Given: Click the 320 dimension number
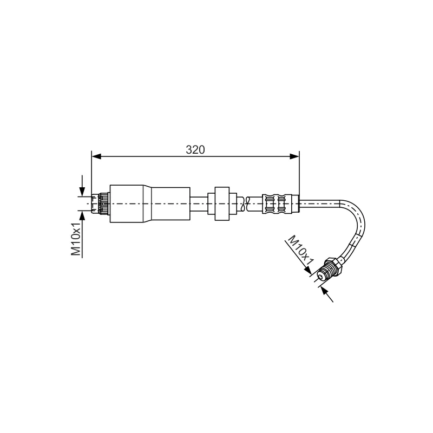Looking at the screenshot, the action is tap(195, 150).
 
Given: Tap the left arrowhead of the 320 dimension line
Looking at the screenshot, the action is tap(96, 156).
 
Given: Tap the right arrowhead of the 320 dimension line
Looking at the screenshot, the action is tap(294, 156).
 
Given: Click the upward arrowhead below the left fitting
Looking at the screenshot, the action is tap(82, 215).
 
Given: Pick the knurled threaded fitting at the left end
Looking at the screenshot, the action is tap(101, 204).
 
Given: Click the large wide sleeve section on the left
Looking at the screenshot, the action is tap(127, 204).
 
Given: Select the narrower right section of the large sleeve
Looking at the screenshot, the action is tap(170, 204).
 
